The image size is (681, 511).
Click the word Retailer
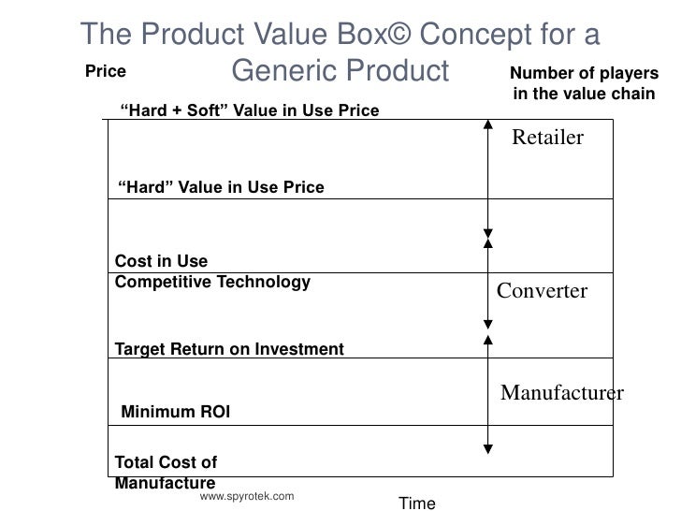point(547,139)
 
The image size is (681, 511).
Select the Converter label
point(542,291)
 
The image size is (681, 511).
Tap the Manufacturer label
point(561,392)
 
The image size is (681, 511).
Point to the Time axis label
point(417,504)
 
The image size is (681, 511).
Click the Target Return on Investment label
point(229,350)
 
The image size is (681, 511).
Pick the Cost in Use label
point(161,261)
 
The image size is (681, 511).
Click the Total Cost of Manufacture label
point(166,473)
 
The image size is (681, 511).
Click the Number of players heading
point(584,75)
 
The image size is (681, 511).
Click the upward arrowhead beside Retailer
point(487,124)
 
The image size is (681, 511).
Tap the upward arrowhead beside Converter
point(487,242)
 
